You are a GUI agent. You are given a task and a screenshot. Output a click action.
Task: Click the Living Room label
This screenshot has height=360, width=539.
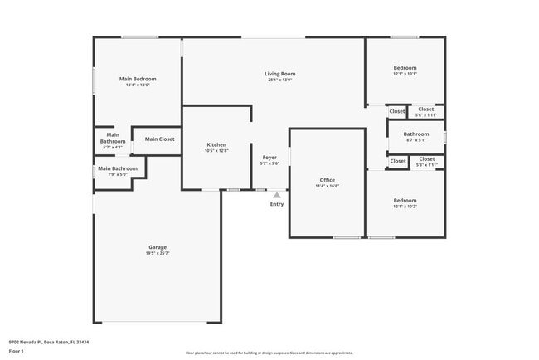pyautogui.click(x=279, y=74)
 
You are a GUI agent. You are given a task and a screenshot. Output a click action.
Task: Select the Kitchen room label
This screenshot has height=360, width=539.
pyautogui.click(x=216, y=145)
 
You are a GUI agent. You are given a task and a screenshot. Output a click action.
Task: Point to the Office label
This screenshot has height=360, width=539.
pyautogui.click(x=327, y=180)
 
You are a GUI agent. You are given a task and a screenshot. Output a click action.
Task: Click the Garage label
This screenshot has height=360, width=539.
pyautogui.click(x=158, y=247)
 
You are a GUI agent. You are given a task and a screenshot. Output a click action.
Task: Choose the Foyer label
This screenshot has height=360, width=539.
pyautogui.click(x=269, y=157)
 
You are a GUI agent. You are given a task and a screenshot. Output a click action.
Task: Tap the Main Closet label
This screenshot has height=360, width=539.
pyautogui.click(x=159, y=139)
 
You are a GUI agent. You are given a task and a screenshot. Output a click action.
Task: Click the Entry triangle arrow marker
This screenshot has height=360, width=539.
pyautogui.click(x=276, y=196)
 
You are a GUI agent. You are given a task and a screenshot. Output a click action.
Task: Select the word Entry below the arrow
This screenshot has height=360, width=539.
pyautogui.click(x=276, y=204)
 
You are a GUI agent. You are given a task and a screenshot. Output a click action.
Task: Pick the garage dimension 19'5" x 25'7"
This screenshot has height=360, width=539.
pyautogui.click(x=158, y=253)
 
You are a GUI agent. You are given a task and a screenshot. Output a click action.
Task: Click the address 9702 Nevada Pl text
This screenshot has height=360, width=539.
pyautogui.click(x=49, y=342)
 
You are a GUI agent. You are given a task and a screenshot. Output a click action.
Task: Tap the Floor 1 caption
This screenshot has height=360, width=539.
pyautogui.click(x=17, y=352)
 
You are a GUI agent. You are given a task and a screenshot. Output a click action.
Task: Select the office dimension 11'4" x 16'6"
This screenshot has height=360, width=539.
pyautogui.click(x=327, y=186)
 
